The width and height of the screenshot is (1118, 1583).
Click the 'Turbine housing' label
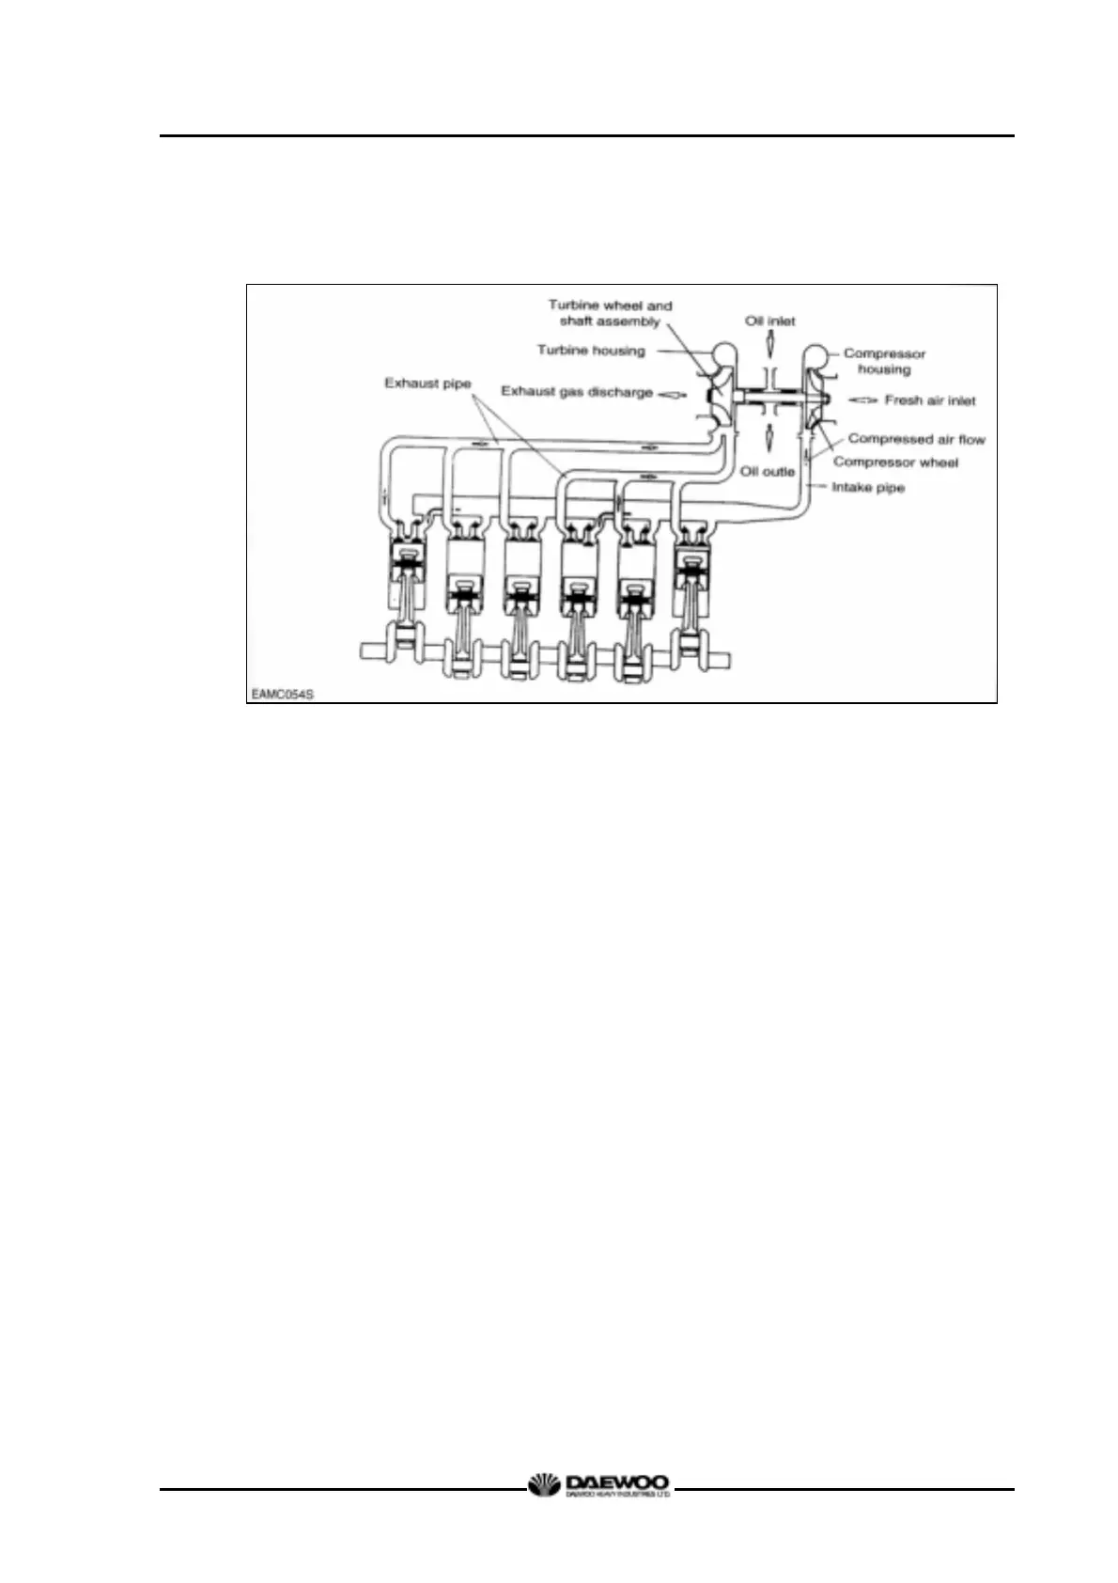coord(591,351)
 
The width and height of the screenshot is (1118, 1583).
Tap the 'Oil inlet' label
coord(770,321)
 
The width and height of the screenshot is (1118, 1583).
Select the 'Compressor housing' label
coord(884,361)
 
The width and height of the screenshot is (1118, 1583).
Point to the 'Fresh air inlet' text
coord(930,400)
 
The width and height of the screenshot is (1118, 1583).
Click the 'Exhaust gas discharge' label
coord(577,391)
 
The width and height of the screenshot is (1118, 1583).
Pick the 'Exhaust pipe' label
coord(427,384)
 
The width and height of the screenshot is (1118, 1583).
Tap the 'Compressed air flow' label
coord(916,439)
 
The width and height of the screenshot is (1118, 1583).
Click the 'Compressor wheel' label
coord(895,462)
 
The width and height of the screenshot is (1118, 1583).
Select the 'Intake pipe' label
coord(868,488)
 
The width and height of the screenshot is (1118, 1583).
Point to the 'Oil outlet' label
coord(768,471)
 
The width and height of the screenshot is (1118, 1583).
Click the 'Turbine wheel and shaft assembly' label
coord(610,313)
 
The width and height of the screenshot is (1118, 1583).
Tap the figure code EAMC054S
coord(282,695)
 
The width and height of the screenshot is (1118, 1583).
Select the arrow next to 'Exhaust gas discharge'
coord(673,394)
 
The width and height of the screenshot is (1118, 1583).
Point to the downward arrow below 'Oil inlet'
coord(769,347)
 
